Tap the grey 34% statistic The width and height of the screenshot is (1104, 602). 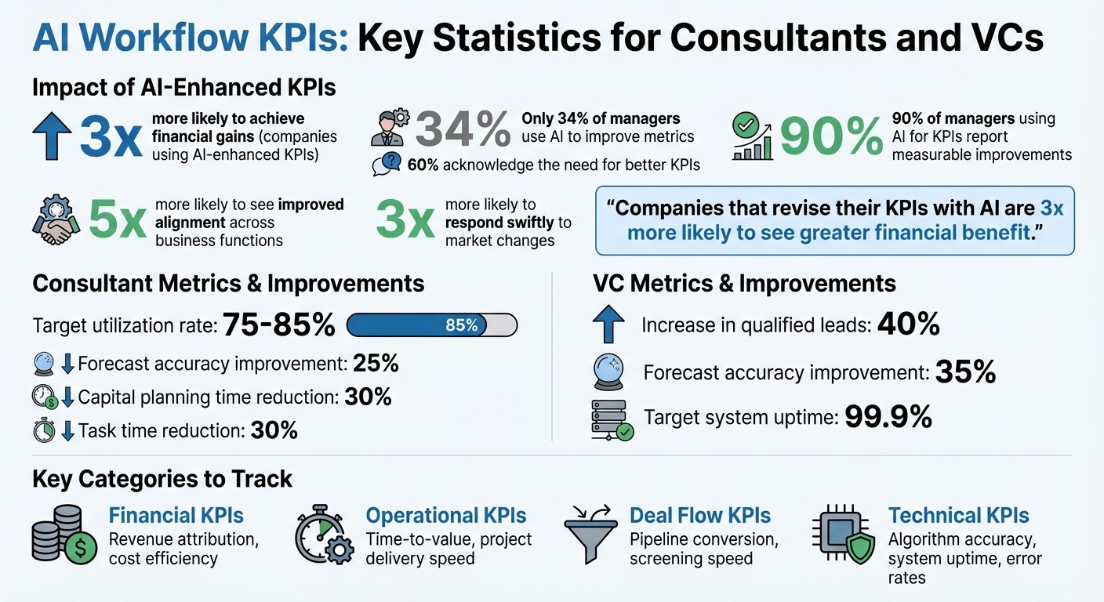463,130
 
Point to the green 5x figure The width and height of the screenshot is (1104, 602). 117,221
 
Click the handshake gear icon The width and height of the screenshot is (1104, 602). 56,222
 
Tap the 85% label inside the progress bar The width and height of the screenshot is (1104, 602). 462,325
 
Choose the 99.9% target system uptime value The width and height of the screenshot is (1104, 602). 888,416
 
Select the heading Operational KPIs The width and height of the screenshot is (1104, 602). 445,515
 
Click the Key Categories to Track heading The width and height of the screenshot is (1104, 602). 162,479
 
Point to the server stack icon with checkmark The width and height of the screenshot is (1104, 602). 610,420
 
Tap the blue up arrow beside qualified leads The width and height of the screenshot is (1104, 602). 609,325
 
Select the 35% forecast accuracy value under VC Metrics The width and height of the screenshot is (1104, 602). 965,372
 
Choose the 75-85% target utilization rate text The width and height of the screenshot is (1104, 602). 278,325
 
